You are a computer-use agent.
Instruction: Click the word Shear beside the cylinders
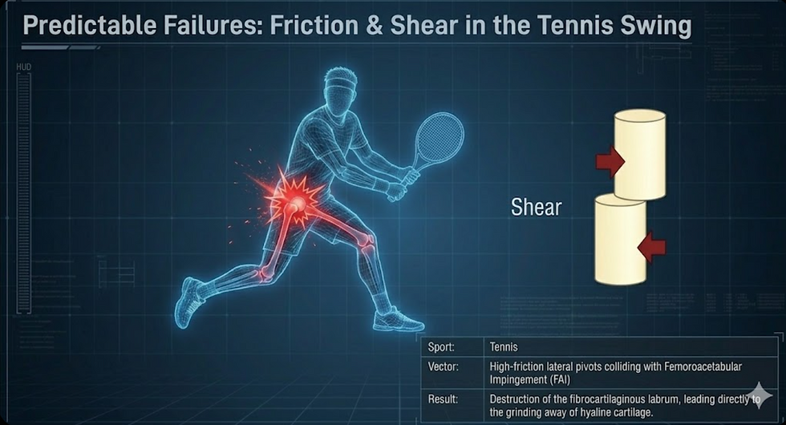click(537, 207)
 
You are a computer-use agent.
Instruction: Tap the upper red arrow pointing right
click(610, 160)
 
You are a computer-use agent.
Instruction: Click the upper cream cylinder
click(640, 155)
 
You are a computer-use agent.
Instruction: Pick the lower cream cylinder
click(620, 241)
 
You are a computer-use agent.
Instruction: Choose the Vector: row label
click(443, 366)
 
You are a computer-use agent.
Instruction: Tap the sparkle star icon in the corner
click(758, 394)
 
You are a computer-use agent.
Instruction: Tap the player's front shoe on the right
click(398, 320)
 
